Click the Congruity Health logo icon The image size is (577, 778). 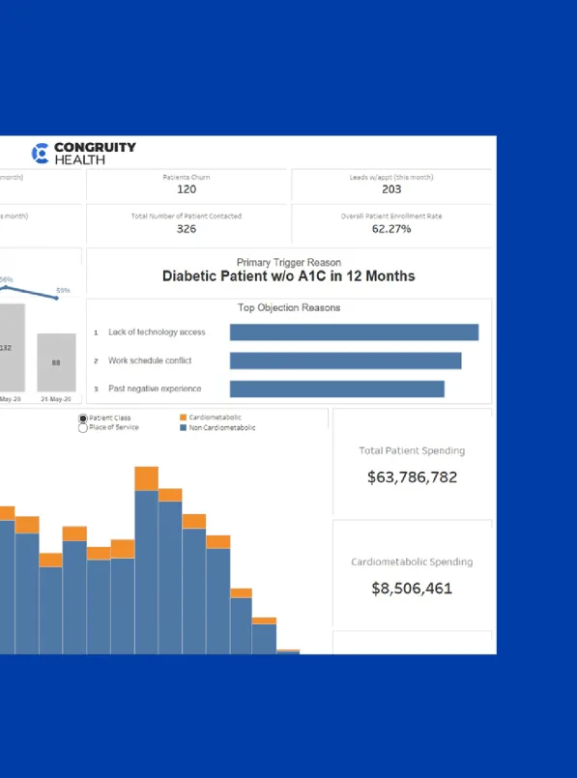point(41,153)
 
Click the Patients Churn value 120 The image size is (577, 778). point(187,190)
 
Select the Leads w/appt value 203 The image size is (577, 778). point(391,190)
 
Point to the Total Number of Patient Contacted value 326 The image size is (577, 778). point(187,229)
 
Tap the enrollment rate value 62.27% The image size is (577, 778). point(391,229)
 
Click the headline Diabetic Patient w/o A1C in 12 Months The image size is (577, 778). point(288,276)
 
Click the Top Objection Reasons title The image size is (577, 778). point(289,308)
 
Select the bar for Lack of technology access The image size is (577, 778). point(354,332)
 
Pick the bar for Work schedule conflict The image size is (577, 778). point(345,360)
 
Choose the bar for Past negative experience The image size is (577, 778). point(336,389)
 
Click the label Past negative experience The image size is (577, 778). point(155,389)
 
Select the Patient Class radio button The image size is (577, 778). point(83,418)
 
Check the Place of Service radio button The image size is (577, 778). point(83,427)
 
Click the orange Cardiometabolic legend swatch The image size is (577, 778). point(183,418)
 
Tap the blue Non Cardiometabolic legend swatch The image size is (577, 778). point(183,427)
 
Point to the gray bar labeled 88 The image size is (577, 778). point(56,362)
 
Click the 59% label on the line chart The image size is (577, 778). point(63,290)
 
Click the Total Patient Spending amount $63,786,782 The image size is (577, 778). point(412,477)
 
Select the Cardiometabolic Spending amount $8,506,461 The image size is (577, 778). point(412,589)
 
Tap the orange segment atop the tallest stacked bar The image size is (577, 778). point(147,478)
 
